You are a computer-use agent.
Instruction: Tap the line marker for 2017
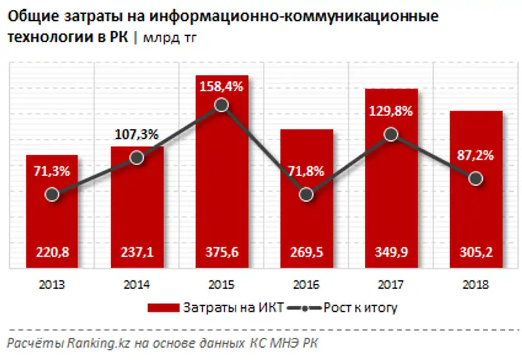pos(391,134)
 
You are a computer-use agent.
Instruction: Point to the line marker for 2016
pos(306,194)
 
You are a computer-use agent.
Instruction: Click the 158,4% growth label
pos(221,85)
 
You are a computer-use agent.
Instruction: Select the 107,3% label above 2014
pos(137,135)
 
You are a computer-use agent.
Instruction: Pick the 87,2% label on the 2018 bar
pos(476,156)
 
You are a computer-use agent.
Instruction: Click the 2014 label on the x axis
pos(137,284)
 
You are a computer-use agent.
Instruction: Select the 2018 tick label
pos(476,284)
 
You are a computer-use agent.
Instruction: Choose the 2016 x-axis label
pos(306,284)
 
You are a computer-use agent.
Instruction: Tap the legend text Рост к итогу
pos(360,307)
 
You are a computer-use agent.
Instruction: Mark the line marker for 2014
pos(137,158)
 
